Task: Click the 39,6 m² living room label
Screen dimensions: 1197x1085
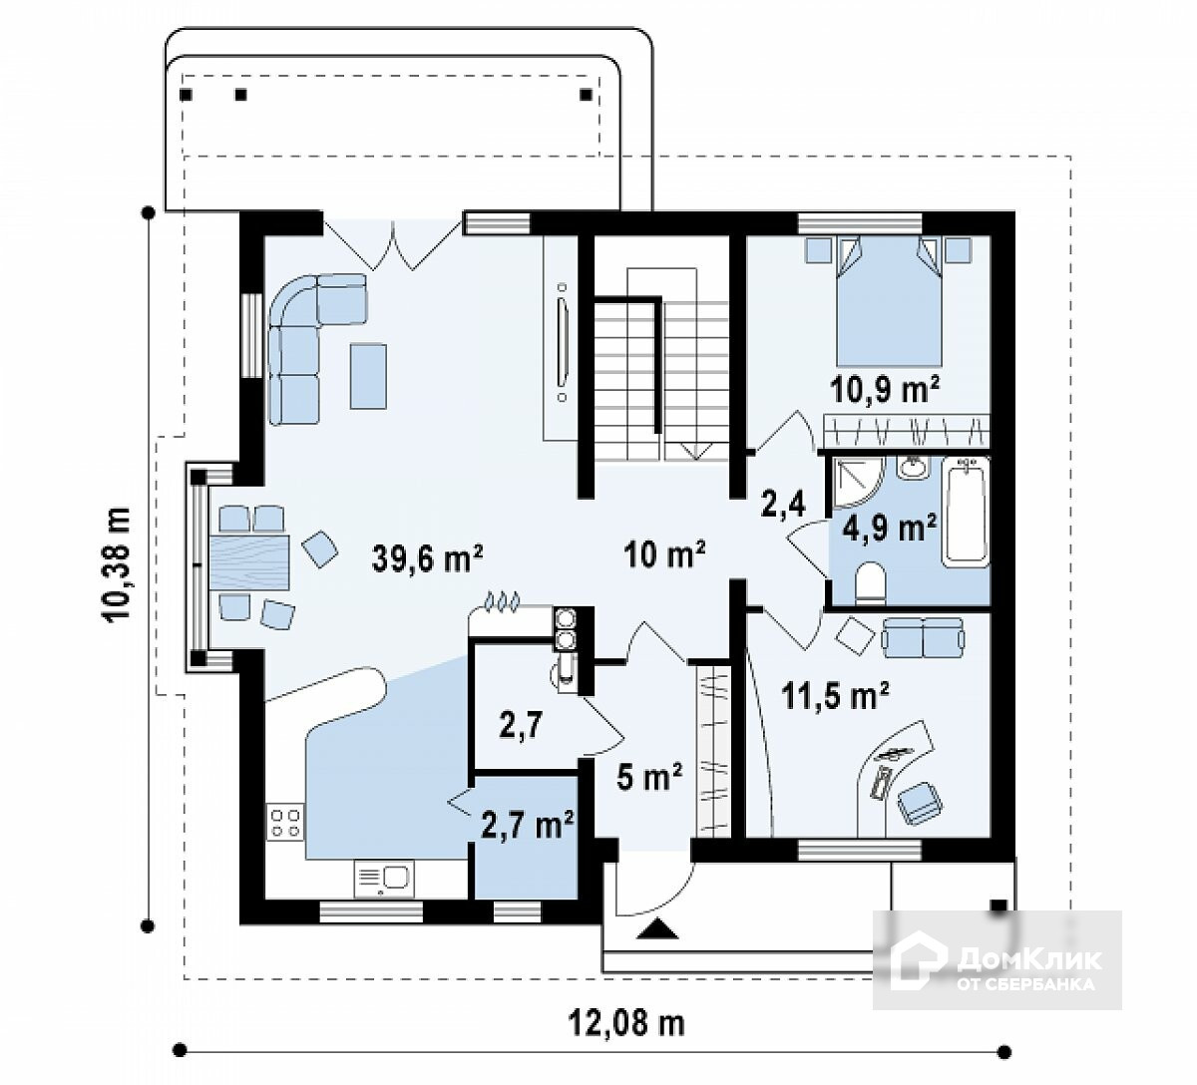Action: point(427,558)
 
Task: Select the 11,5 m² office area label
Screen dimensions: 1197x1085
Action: point(835,695)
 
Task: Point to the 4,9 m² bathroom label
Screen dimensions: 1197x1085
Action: point(889,529)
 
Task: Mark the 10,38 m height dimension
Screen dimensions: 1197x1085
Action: point(118,565)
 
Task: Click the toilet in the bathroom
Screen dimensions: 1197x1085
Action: point(871,582)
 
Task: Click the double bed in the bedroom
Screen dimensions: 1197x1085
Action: point(889,301)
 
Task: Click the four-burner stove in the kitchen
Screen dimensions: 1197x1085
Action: point(285,822)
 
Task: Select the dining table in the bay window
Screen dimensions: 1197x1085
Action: point(249,562)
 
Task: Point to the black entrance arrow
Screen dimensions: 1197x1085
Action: point(657,928)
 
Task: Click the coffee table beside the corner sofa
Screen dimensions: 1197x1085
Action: point(367,376)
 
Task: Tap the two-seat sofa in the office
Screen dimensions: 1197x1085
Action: point(923,637)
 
